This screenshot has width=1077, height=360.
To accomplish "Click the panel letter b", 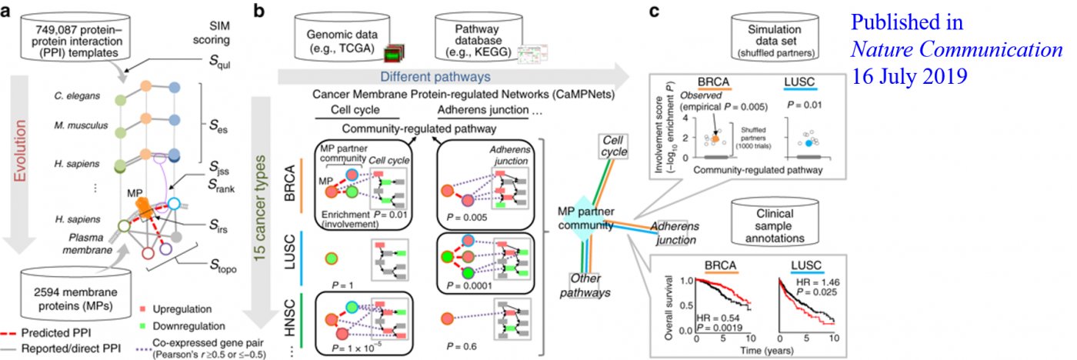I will tap(260, 10).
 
